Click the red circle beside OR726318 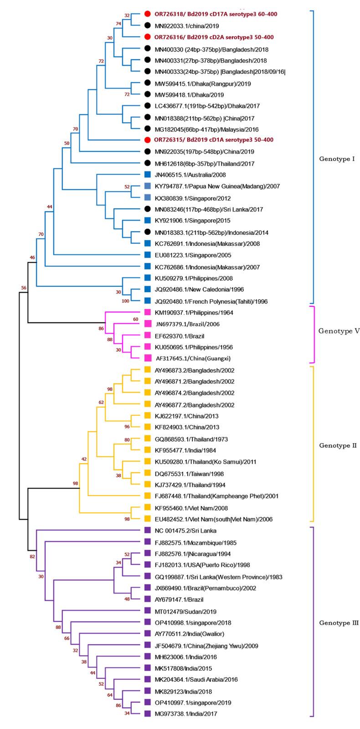pyautogui.click(x=147, y=14)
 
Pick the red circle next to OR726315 pyautogui.click(x=147, y=140)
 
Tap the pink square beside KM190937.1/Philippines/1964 pyautogui.click(x=147, y=312)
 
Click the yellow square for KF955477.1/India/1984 pyautogui.click(x=147, y=450)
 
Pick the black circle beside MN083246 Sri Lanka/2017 pyautogui.click(x=147, y=209)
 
